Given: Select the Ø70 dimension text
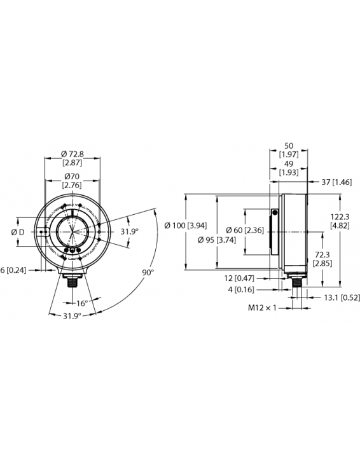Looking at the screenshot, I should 71,176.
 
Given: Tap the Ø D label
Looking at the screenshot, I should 18,232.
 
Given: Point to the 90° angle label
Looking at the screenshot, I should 148,272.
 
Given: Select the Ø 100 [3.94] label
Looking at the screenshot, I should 183,226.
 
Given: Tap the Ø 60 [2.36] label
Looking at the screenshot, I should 246,229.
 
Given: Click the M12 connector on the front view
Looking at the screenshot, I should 71,280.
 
